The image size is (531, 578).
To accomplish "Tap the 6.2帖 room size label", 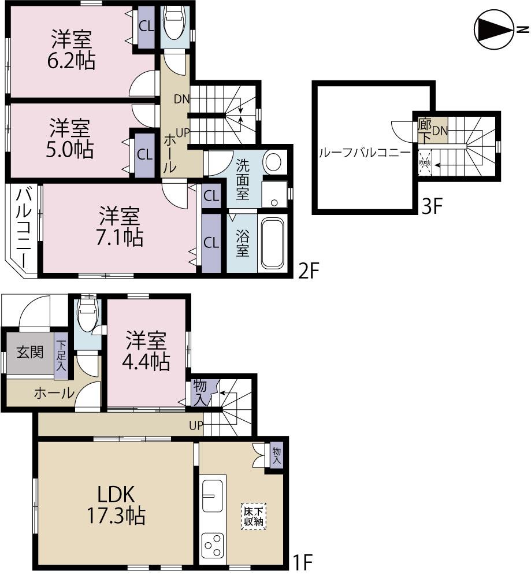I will (72, 60).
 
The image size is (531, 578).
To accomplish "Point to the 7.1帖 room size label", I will (120, 236).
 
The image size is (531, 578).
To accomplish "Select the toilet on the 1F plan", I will (87, 315).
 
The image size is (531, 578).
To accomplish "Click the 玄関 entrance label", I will (29, 352).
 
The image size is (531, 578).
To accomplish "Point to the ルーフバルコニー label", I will (365, 153).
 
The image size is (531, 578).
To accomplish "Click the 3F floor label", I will (432, 206).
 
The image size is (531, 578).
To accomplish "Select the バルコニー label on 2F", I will (23, 228).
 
